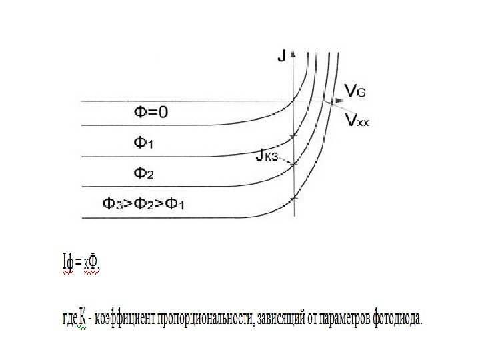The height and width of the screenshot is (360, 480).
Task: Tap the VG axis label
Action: tap(354, 89)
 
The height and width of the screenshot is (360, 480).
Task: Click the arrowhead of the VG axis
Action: tap(342, 101)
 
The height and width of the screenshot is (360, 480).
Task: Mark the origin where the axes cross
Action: tap(294, 101)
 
